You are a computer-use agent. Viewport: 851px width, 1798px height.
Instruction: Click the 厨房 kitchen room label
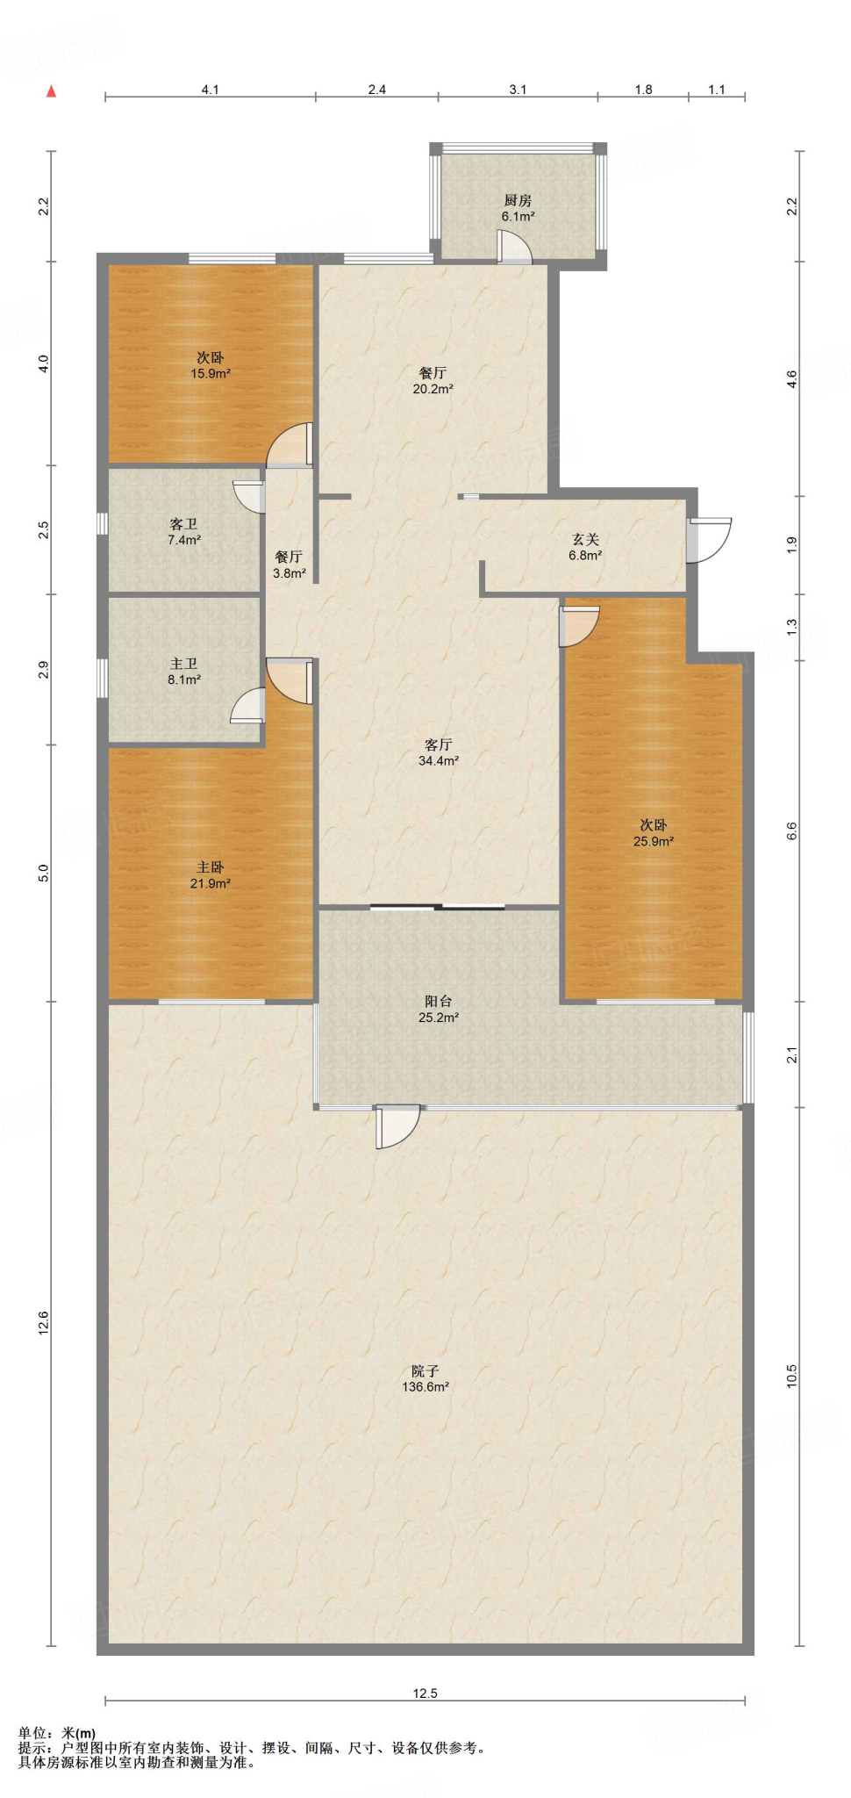518,208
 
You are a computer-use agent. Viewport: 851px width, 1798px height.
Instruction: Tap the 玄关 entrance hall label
585,547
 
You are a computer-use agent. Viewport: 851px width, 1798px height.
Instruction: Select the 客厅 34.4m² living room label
438,752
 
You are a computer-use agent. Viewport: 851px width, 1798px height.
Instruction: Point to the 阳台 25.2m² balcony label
438,1009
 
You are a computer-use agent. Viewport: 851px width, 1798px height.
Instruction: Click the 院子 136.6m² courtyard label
425,1378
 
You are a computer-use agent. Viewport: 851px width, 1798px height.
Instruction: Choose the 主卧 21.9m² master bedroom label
211,875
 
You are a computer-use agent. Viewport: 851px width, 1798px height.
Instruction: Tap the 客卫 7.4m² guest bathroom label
184,532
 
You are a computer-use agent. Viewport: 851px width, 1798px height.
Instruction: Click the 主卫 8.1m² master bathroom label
184,672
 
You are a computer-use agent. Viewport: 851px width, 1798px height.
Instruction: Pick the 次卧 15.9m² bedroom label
211,365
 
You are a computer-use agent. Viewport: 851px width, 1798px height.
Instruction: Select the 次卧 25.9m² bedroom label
654,832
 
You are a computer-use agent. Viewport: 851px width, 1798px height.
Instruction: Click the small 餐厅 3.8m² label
289,565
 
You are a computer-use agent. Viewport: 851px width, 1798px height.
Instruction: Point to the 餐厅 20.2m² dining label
433,380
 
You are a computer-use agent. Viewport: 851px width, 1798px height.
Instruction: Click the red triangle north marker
52,90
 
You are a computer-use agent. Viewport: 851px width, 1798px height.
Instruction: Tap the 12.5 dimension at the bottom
425,1694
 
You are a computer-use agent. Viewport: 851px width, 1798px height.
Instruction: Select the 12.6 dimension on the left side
43,1323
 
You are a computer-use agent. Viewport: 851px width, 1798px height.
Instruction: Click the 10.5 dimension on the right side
791,1376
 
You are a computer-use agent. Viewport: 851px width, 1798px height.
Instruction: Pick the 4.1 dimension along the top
211,90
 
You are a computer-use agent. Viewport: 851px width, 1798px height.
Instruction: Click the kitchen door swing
514,247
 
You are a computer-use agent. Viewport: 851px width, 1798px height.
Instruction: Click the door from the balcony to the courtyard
397,1126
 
